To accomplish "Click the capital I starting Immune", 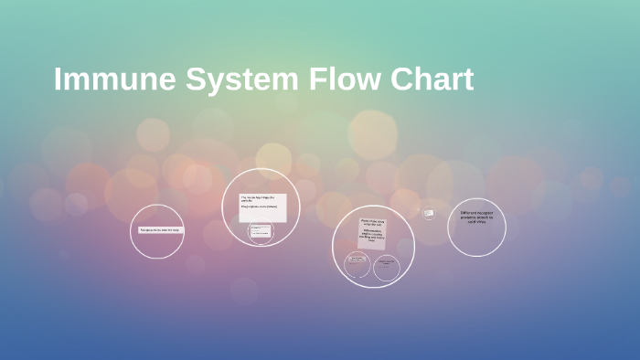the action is (x=59, y=79).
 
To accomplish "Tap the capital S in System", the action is (x=197, y=79).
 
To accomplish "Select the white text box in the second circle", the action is (x=263, y=207).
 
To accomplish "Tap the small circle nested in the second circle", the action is (x=261, y=232).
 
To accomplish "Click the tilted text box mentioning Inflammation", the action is (x=373, y=234).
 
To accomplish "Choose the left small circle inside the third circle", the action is (x=357, y=267).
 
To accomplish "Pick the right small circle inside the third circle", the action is (x=386, y=267).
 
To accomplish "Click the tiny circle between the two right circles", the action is (x=428, y=213).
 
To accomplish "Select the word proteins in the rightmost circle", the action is (x=469, y=218).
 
